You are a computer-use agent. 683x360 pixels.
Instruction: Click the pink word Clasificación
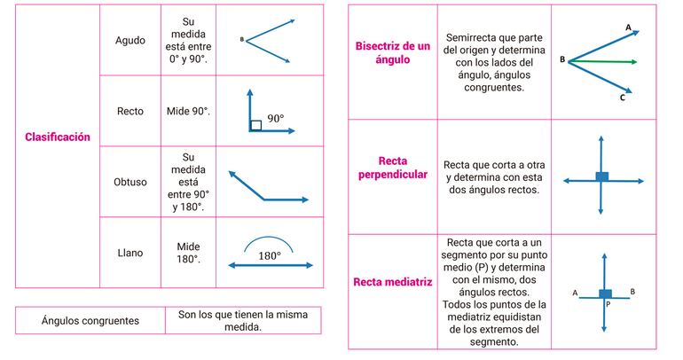[x=58, y=137]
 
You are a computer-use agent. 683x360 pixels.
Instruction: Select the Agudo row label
[x=130, y=40]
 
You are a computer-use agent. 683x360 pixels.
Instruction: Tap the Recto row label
[x=130, y=112]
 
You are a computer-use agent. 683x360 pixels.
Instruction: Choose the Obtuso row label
[x=130, y=182]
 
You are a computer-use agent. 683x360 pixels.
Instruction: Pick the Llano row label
[x=130, y=253]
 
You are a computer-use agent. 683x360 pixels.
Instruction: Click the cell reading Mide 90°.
[x=188, y=112]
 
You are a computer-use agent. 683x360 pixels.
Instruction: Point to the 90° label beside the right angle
[x=276, y=117]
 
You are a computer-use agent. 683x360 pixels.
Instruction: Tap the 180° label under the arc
[x=270, y=255]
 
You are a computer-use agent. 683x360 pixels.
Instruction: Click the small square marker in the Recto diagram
[x=255, y=125]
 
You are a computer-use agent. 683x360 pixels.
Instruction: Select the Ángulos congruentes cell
[x=90, y=320]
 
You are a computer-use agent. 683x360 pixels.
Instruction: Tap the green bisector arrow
[x=612, y=62]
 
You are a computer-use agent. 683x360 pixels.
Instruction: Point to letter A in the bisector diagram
[x=629, y=27]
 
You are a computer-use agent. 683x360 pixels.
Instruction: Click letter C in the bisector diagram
[x=623, y=98]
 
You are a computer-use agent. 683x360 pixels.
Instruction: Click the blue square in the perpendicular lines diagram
[x=602, y=177]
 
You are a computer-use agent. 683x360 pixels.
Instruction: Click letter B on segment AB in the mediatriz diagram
[x=632, y=291]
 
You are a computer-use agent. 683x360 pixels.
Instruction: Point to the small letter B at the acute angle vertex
[x=241, y=39]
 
